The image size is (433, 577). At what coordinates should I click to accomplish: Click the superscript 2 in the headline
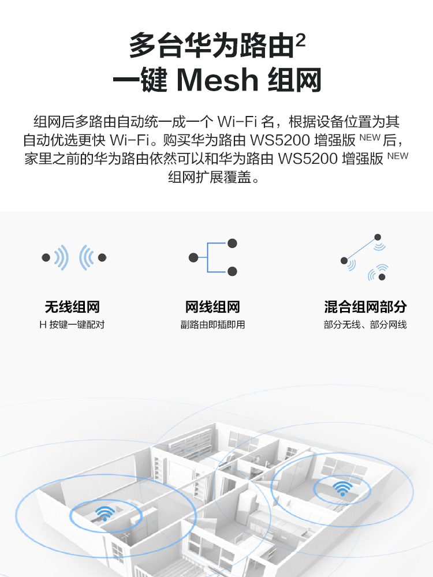tap(300, 40)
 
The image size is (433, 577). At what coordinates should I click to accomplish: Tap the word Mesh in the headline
tap(218, 80)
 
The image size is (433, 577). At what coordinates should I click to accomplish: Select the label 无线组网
tap(72, 307)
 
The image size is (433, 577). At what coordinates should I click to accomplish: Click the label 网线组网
tap(212, 307)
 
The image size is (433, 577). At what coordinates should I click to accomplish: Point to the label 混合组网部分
tap(365, 307)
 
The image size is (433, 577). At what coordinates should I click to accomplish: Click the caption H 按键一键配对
tap(72, 324)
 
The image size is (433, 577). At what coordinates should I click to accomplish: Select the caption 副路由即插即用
tap(212, 324)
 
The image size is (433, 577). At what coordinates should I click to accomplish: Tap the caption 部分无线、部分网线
tap(365, 324)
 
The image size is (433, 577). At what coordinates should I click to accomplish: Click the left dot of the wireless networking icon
tap(46, 257)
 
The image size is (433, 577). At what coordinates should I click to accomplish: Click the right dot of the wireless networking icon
tap(102, 257)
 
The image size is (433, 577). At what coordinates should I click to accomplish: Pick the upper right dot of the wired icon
tap(232, 243)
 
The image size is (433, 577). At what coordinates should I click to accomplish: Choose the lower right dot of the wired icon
tap(232, 272)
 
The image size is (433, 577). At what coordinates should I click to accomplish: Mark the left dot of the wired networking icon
tap(193, 257)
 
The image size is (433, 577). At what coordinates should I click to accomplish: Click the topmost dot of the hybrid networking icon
tap(378, 237)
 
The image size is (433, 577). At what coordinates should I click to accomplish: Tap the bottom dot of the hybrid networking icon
tap(382, 277)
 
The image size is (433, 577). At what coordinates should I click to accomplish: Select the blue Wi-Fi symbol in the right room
tap(342, 488)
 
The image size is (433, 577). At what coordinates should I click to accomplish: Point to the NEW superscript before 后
tap(369, 138)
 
